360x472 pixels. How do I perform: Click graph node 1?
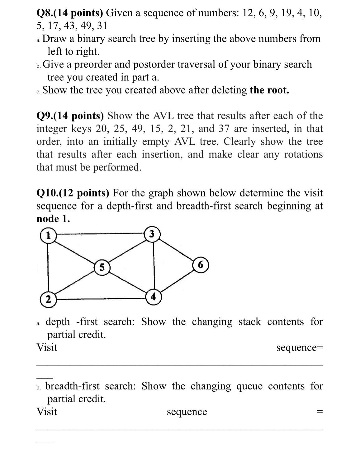48,235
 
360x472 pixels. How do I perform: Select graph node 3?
152,234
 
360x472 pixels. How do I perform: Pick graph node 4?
153,297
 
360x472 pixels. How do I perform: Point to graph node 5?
102,267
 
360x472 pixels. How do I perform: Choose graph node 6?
201,265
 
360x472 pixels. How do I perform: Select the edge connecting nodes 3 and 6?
177,249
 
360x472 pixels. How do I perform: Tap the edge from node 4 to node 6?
177,281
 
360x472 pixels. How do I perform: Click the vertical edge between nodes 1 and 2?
48,267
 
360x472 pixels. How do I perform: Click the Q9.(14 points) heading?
70,116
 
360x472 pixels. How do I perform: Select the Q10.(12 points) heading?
73,193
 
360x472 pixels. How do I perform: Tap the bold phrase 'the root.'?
269,90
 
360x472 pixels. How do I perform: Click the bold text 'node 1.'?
53,219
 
